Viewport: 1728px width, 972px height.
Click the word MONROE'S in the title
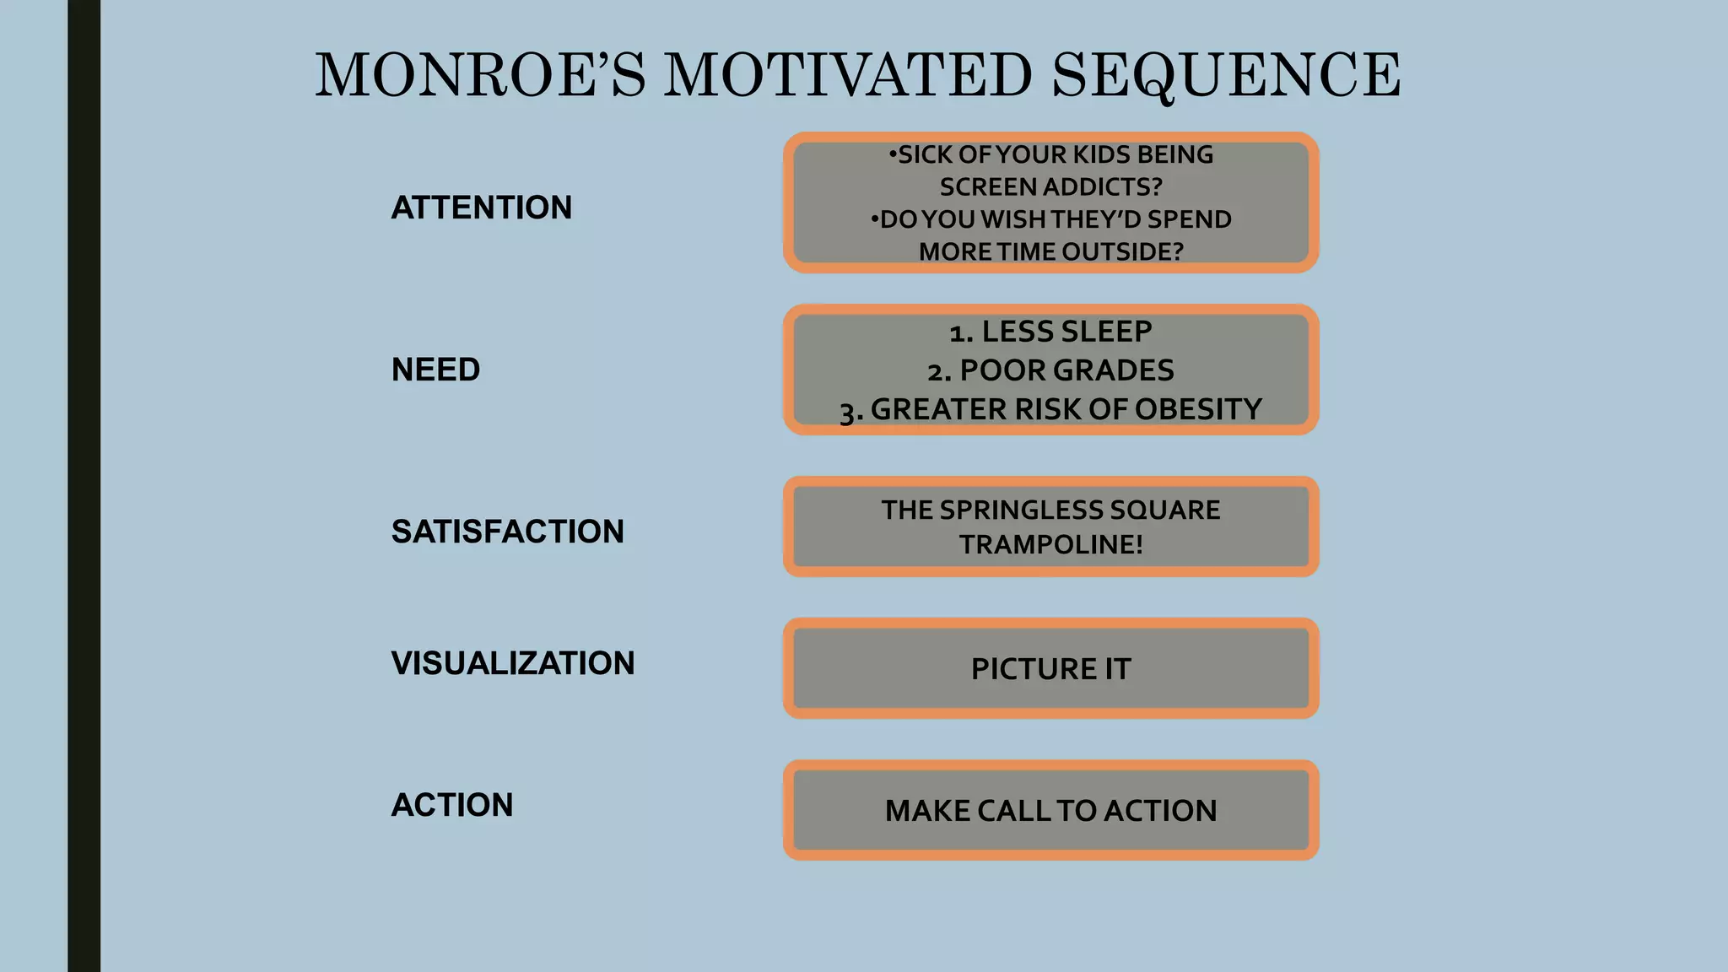pos(479,76)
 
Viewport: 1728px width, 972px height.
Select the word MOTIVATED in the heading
pos(847,76)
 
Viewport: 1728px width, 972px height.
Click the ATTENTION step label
pos(481,208)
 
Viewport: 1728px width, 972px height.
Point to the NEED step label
pos(435,370)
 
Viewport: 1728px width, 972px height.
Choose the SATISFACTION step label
pos(507,532)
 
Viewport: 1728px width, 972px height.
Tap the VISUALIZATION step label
pos(512,663)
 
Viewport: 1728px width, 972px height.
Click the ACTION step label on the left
pos(451,805)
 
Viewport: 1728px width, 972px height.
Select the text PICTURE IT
pos(1050,669)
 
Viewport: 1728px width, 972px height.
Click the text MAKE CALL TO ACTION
pos(1050,811)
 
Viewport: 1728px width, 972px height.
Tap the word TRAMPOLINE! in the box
pos(1050,544)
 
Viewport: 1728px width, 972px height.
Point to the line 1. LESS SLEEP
pos(1050,332)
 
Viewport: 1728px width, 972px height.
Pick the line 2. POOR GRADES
pos(1050,370)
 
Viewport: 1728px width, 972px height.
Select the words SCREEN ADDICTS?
pos(1050,186)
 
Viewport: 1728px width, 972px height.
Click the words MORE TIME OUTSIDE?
pos(1050,251)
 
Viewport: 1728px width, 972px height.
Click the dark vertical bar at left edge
pos(84,486)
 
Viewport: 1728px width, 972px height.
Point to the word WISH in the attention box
pos(1014,219)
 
